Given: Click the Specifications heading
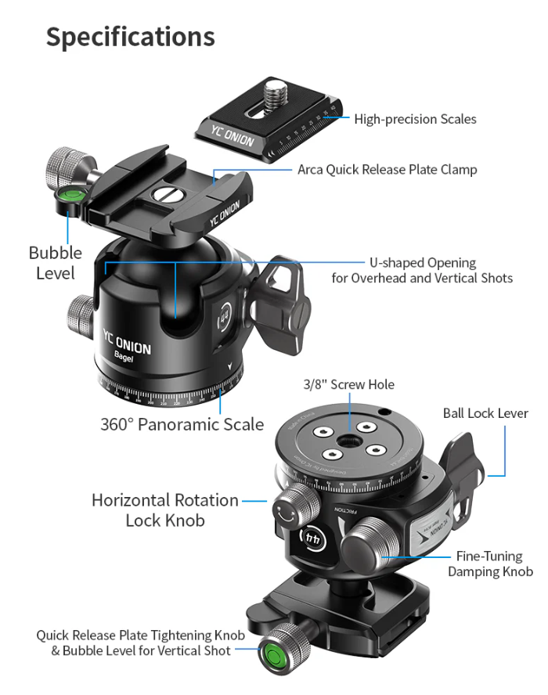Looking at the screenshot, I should coord(130,37).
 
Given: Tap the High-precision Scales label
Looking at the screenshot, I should coord(415,119).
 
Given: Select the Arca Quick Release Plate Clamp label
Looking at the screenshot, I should coord(387,169).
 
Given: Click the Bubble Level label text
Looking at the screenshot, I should coord(55,263).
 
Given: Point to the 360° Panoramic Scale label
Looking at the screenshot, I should coord(182,424).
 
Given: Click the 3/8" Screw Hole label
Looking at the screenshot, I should coord(348,384).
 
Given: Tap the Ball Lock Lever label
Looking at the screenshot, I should coord(485,413).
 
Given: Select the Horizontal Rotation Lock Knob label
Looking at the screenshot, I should coord(165,510).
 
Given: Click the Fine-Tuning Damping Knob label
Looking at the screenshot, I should coord(490,564).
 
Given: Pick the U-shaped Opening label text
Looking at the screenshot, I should coord(422,270).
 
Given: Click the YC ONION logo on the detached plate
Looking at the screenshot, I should coord(231,135).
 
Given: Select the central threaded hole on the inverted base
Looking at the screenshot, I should coord(344,441).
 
